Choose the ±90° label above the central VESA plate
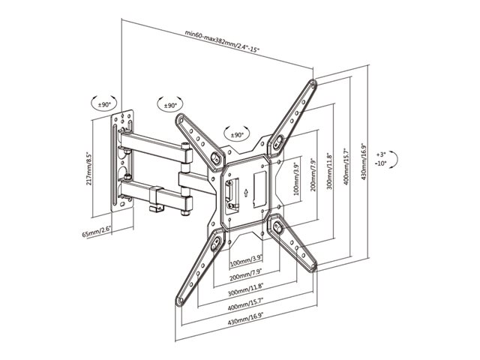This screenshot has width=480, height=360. point(236,135)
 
